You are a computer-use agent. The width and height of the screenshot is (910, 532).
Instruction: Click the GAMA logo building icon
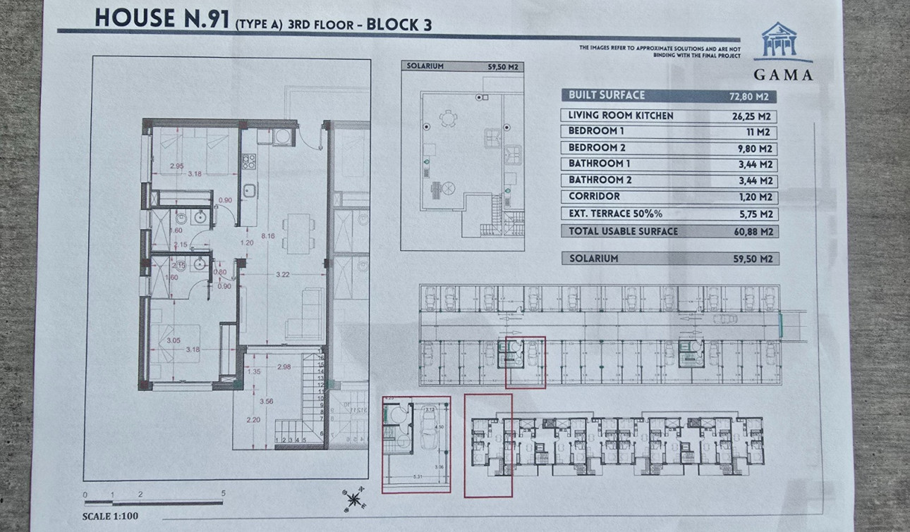(778, 40)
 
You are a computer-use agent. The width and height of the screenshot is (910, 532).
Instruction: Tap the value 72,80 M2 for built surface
(752, 97)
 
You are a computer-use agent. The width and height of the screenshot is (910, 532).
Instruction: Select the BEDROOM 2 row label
(597, 148)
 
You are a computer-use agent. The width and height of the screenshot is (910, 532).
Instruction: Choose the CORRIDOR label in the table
(594, 197)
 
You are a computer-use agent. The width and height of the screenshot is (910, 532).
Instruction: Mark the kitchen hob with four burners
(248, 161)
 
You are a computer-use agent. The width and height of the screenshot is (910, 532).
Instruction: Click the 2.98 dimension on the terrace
(284, 367)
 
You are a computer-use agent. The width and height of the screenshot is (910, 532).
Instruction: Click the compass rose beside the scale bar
(353, 500)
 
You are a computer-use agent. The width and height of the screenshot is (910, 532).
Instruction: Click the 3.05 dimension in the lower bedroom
(174, 340)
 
